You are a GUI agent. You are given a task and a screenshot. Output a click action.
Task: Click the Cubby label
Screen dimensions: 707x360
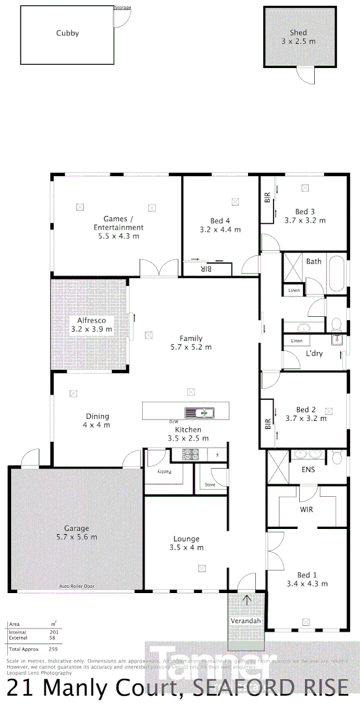tap(67, 33)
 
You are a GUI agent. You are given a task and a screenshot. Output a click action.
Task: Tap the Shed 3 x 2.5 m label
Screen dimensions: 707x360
tap(298, 37)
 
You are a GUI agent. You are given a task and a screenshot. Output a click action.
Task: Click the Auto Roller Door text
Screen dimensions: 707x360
tap(77, 586)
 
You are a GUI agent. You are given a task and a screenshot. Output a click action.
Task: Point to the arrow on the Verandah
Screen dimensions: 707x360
tap(246, 599)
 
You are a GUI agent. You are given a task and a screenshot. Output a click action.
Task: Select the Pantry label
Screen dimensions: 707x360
tap(156, 471)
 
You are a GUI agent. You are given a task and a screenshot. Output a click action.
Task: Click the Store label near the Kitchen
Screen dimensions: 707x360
tap(209, 485)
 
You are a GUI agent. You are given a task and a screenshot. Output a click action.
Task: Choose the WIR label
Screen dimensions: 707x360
tap(307, 508)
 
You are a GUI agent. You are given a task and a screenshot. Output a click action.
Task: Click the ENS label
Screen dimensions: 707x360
tap(308, 469)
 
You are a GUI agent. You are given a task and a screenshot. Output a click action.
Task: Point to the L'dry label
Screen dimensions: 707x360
tap(315, 354)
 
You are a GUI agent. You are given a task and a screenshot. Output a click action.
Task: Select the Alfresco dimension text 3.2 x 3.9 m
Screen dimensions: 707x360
tap(92, 329)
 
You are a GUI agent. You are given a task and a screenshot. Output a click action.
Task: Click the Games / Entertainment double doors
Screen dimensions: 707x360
tap(158, 268)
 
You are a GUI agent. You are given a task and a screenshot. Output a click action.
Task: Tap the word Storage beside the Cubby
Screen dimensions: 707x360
tap(122, 8)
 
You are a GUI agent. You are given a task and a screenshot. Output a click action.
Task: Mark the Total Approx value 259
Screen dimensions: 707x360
tap(54, 649)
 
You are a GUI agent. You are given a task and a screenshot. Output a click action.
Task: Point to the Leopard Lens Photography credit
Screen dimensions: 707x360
tap(39, 672)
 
